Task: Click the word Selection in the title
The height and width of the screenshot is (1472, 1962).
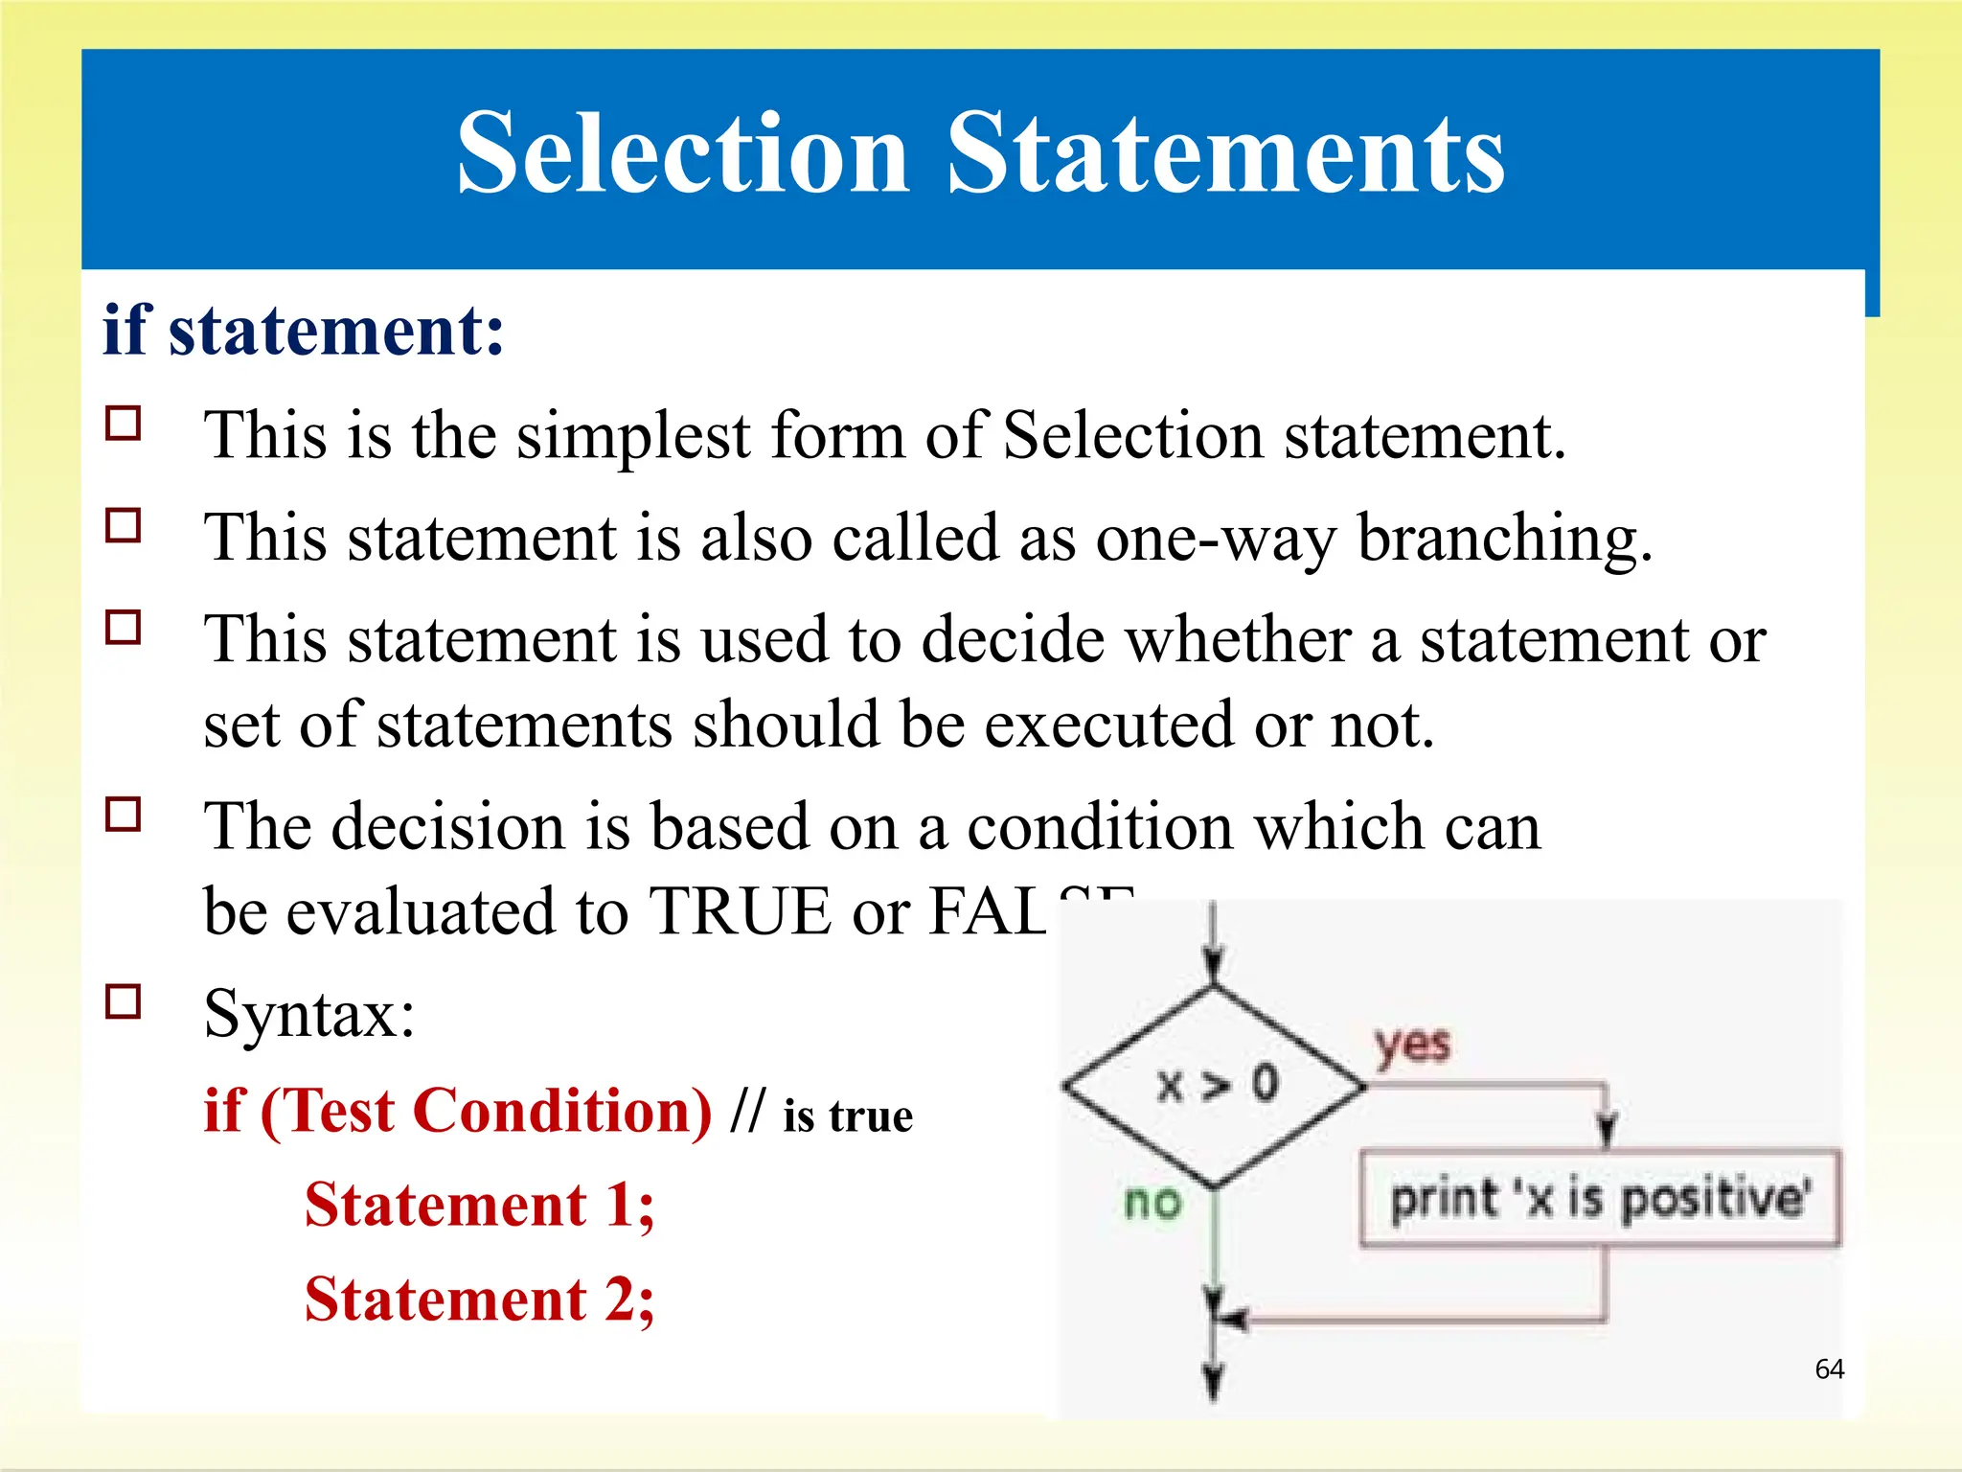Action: click(x=682, y=153)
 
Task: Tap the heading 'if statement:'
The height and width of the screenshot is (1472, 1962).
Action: click(x=303, y=331)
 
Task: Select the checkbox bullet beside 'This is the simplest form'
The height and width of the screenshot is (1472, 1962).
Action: click(x=124, y=423)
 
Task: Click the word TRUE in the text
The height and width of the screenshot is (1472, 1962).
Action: click(x=739, y=911)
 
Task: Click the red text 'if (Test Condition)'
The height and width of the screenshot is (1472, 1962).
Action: click(x=458, y=1112)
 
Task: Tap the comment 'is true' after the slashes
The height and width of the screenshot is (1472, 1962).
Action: click(x=848, y=1116)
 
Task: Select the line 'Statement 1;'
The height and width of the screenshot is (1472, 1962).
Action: click(x=479, y=1205)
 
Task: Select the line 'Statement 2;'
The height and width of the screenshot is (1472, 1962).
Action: click(x=479, y=1300)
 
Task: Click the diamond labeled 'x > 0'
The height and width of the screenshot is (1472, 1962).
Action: click(x=1215, y=1087)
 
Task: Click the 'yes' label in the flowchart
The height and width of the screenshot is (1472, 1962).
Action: click(x=1411, y=1045)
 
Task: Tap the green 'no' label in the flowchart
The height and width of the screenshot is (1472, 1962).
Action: click(x=1152, y=1202)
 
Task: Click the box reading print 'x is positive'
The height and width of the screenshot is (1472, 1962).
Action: click(x=1600, y=1200)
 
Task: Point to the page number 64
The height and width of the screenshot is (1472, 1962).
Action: click(x=1829, y=1368)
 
